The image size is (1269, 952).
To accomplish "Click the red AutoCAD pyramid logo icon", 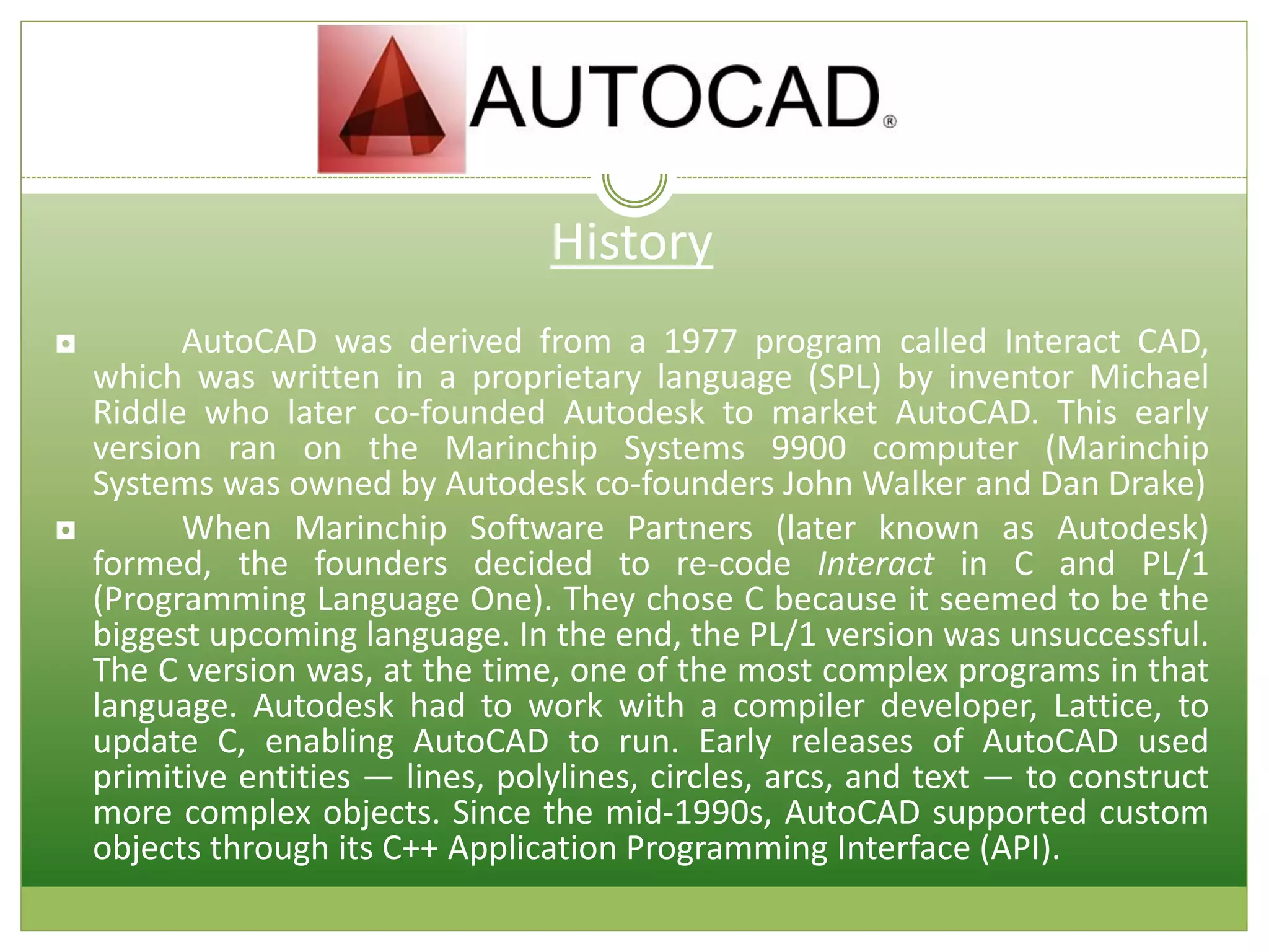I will (392, 99).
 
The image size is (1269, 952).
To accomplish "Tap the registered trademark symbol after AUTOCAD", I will (889, 121).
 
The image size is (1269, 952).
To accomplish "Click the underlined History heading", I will (631, 243).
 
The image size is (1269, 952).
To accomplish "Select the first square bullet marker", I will (66, 344).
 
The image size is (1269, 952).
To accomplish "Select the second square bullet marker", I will (66, 531).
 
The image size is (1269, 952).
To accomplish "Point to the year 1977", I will (700, 342).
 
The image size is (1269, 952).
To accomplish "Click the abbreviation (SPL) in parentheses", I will (844, 377).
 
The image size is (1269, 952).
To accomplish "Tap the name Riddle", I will (139, 413).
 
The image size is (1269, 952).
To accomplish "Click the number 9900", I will (808, 448).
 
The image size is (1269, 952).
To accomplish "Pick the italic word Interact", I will (874, 564).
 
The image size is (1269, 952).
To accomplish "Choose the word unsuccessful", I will (1109, 635).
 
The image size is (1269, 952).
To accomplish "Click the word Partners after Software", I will (690, 529).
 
